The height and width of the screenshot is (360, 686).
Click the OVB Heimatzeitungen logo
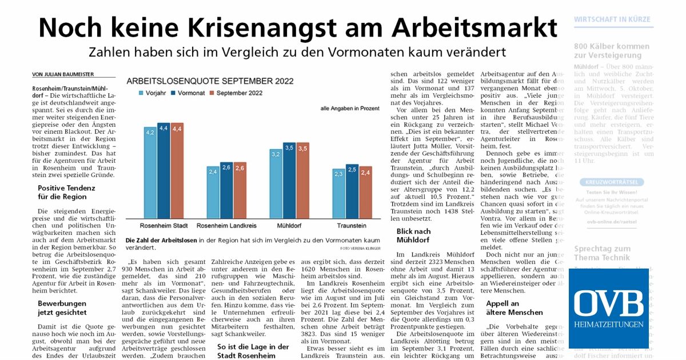coord(608,308)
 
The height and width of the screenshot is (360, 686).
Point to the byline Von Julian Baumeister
coord(63,74)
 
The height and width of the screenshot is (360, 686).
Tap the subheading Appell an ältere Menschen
coord(514,308)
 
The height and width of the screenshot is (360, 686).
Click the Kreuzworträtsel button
coord(612,182)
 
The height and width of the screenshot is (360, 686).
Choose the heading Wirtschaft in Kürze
coord(612,19)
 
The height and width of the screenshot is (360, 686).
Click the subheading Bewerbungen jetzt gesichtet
coord(62,307)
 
